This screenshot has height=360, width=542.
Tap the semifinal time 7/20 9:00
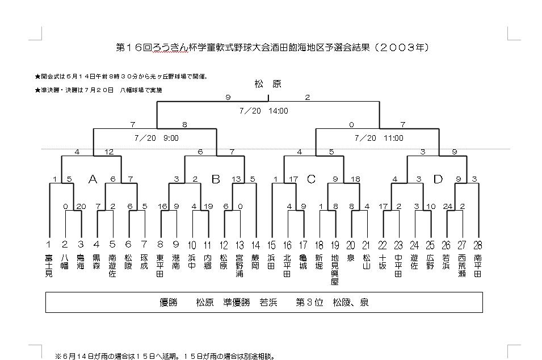pyautogui.click(x=157, y=138)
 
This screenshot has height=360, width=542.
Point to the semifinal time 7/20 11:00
pyautogui.click(x=379, y=138)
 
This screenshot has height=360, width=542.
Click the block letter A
pyautogui.click(x=93, y=179)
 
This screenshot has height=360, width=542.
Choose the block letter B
pyautogui.click(x=216, y=179)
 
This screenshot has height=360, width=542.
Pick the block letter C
pyautogui.click(x=310, y=179)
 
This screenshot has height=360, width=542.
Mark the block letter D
pyautogui.click(x=438, y=179)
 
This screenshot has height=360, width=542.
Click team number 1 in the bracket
pyautogui.click(x=49, y=245)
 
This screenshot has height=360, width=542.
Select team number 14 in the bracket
pyautogui.click(x=255, y=245)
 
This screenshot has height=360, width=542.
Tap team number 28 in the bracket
pyautogui.click(x=477, y=245)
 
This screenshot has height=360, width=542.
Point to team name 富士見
pyautogui.click(x=49, y=265)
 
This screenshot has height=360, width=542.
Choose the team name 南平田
pyautogui.click(x=477, y=265)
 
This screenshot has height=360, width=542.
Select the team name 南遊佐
pyautogui.click(x=112, y=265)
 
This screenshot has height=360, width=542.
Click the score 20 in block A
pyautogui.click(x=81, y=206)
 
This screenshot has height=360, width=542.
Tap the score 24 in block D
pyautogui.click(x=447, y=206)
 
